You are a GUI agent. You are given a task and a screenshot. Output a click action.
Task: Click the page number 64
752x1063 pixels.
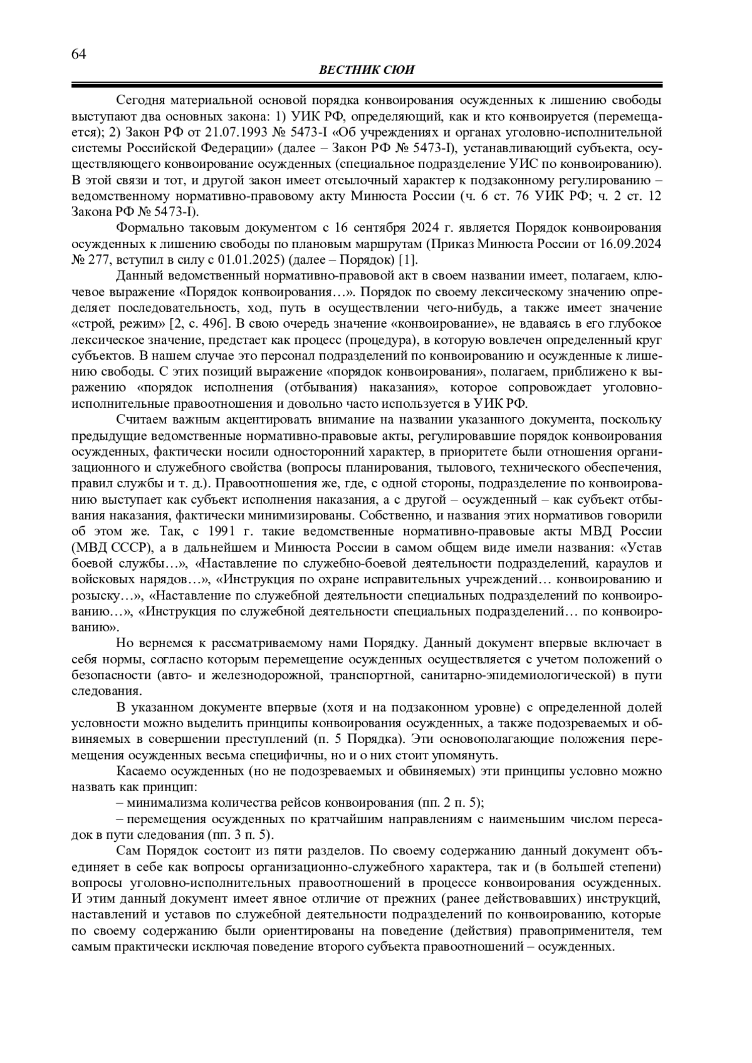coord(78,54)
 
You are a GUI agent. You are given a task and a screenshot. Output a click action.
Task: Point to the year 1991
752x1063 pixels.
coord(232,532)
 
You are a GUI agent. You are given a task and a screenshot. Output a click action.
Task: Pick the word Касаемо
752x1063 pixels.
coord(140,771)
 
